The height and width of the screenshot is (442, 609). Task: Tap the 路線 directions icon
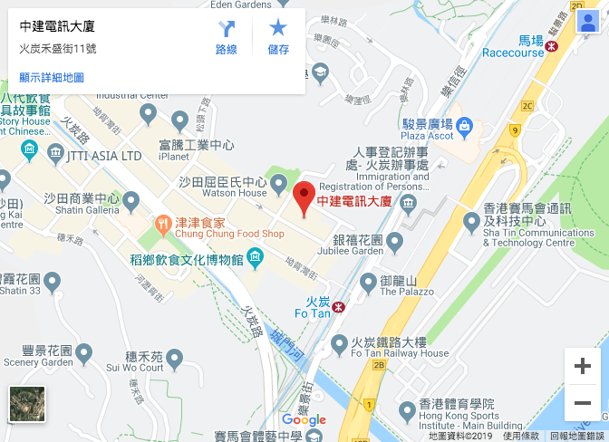coord(227,30)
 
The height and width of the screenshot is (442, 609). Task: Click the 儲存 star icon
coord(278,30)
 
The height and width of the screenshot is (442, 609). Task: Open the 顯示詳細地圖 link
coord(52,78)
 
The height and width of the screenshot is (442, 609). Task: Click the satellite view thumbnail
coord(27,404)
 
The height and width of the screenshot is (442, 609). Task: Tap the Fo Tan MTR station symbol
coord(339,307)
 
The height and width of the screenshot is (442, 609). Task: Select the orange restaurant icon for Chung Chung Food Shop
coord(163,222)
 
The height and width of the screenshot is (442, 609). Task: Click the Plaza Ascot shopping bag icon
coord(464,124)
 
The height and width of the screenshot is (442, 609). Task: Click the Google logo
coord(304,420)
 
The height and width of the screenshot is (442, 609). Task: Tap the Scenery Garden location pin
coord(84,352)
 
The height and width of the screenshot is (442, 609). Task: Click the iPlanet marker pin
coord(179,120)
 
